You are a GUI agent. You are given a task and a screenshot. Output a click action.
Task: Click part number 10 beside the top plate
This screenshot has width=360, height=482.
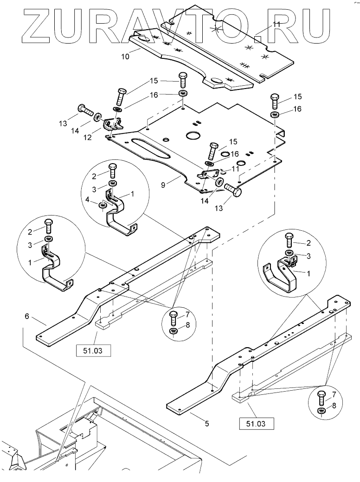pos(125,57)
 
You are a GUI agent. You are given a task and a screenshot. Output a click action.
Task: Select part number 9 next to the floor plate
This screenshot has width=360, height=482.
pos(163,184)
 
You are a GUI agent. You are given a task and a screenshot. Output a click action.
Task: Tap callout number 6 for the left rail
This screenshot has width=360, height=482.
pos(27,316)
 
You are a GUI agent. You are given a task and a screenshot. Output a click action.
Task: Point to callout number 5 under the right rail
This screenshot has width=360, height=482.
pos(207,423)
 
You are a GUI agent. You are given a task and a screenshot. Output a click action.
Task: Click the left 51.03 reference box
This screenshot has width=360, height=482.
pos(93,350)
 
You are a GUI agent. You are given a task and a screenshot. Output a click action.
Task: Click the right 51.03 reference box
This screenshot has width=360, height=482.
pos(256,424)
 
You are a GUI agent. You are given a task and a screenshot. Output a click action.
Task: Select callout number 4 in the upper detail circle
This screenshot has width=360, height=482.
pos(87,200)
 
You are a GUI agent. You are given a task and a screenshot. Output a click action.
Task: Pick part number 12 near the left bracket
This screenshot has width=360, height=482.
pos(88,137)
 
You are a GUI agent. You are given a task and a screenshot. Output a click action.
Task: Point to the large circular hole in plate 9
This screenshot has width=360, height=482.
pos(193,135)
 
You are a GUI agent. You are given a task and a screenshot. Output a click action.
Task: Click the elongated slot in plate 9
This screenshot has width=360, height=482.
pos(150,147)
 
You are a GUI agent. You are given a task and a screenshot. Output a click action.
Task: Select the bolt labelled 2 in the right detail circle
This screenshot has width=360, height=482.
pos(290,241)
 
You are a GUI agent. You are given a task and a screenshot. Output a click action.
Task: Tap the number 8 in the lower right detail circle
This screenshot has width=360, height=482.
pos(334,406)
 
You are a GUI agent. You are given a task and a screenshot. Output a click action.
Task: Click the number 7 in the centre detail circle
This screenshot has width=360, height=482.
pos(187,315)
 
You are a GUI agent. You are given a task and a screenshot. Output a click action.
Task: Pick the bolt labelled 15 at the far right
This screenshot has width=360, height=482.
pos(275,101)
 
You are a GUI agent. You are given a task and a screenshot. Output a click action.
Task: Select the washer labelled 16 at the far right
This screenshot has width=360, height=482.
pos(275,115)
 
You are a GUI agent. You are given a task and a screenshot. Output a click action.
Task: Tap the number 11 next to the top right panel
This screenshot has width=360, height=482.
pos(276,24)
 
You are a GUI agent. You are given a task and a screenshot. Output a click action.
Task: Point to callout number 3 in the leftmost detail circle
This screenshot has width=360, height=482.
pos(30,245)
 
